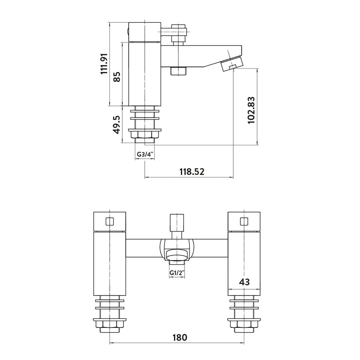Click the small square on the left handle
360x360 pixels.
pos(110,222)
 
